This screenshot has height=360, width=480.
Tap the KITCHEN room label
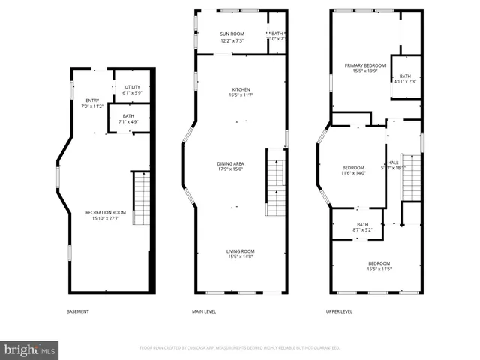pyautogui.click(x=241, y=89)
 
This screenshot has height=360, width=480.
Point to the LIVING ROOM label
pyautogui.click(x=241, y=251)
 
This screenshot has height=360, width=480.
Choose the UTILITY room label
pyautogui.click(x=133, y=87)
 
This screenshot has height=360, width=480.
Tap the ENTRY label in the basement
pyautogui.click(x=92, y=100)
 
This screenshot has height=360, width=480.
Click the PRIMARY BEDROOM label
pyautogui.click(x=364, y=65)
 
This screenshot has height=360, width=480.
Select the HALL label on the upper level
pyautogui.click(x=393, y=163)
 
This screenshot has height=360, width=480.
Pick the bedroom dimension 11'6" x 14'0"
pyautogui.click(x=353, y=173)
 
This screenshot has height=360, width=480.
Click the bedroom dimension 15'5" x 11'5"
pyautogui.click(x=379, y=268)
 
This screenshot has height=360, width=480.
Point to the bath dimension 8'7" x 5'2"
pyautogui.click(x=362, y=230)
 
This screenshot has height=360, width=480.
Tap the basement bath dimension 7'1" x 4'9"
pyautogui.click(x=128, y=121)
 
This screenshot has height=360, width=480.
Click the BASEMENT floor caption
pyautogui.click(x=77, y=311)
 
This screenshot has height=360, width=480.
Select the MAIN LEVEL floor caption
pyautogui.click(x=204, y=311)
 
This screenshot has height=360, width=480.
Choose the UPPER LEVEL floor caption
pyautogui.click(x=339, y=311)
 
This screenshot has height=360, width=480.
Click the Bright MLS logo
pyautogui.click(x=30, y=350)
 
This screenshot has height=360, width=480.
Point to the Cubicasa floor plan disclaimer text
pyautogui.click(x=240, y=348)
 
